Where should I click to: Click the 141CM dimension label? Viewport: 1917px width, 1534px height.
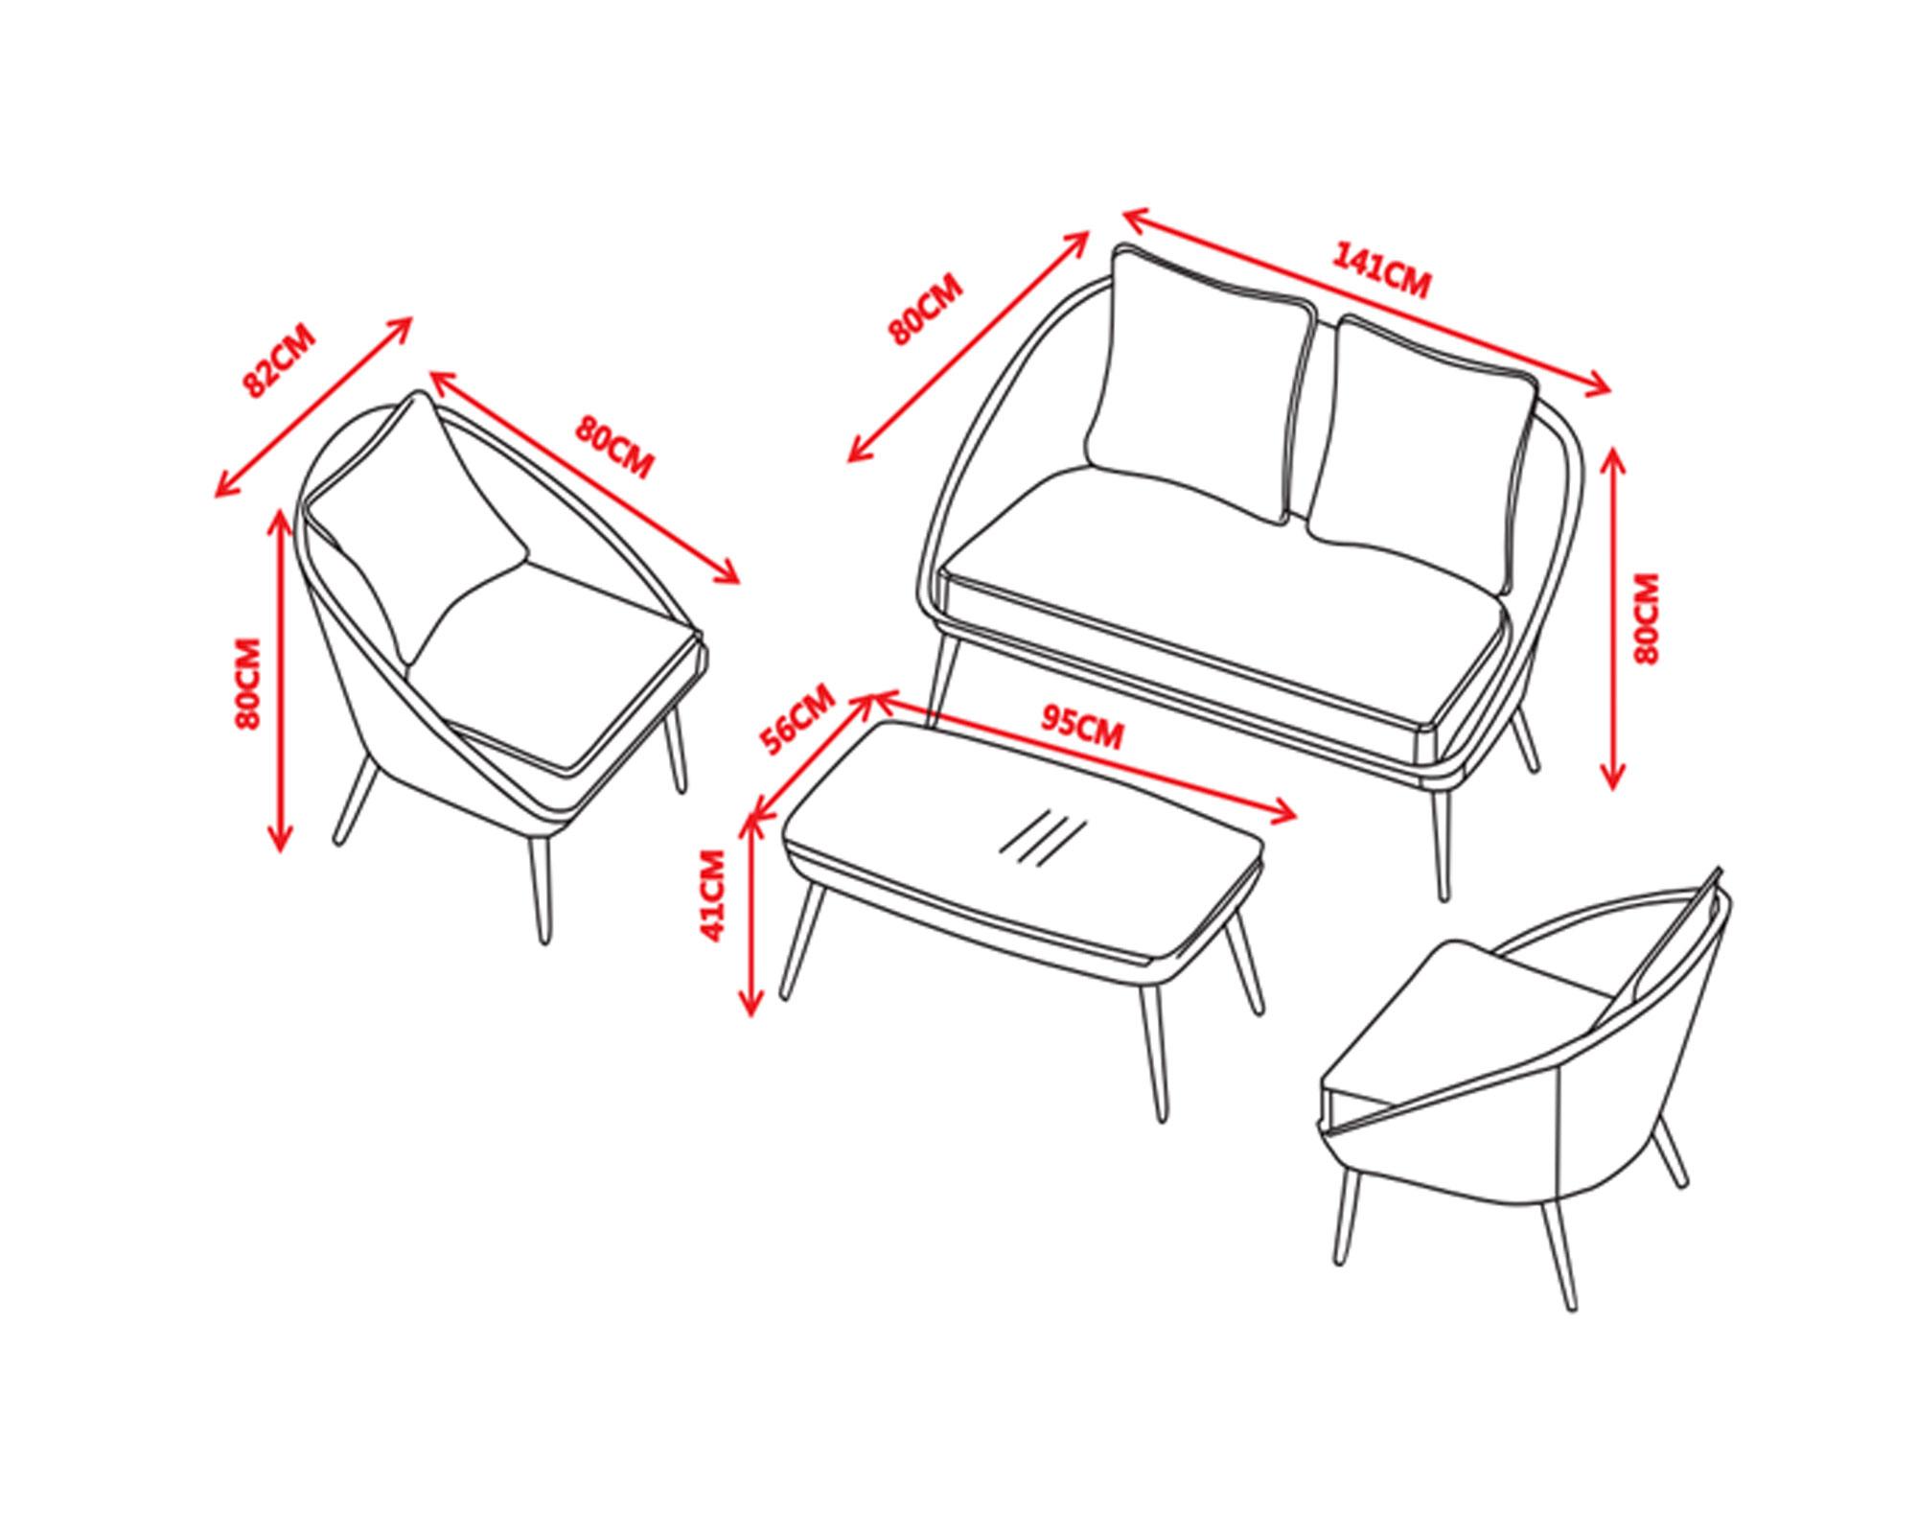1381,271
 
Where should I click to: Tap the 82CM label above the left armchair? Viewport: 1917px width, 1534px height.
278,361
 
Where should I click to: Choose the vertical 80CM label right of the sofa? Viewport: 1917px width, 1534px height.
1646,618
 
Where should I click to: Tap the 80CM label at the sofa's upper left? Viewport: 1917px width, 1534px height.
924,310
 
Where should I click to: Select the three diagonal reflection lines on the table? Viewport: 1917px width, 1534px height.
1044,837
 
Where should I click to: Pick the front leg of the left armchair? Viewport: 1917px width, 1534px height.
541,891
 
